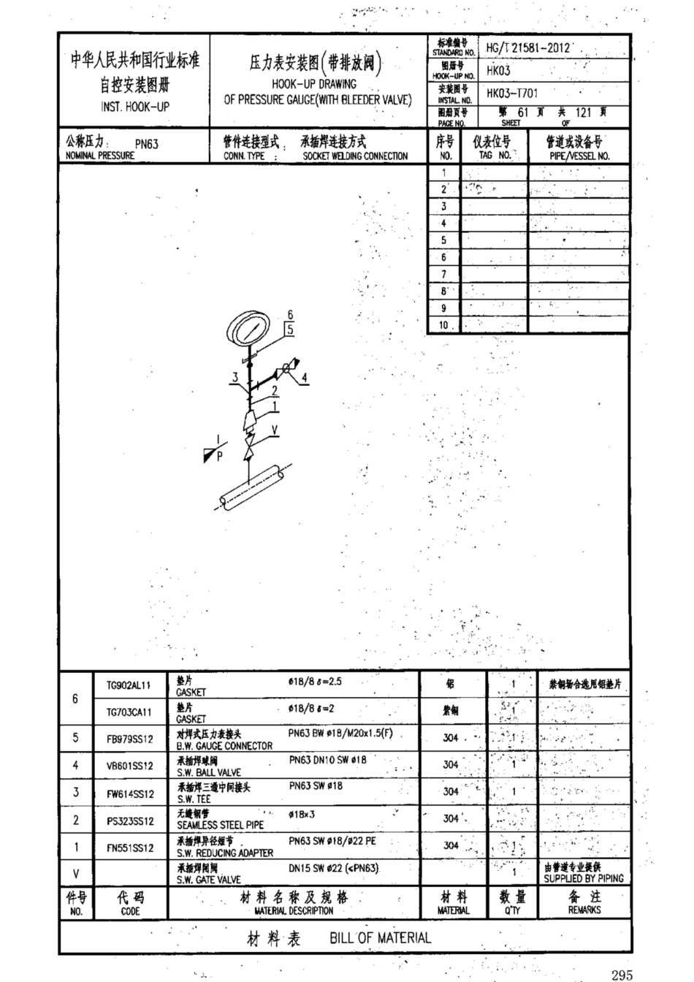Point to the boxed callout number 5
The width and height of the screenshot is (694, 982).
pyautogui.click(x=289, y=330)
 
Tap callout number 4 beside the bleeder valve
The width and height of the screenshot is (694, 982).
pyautogui.click(x=305, y=378)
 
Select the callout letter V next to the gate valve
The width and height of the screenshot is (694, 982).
pyautogui.click(x=274, y=430)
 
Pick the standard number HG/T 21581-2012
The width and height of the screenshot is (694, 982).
pyautogui.click(x=527, y=48)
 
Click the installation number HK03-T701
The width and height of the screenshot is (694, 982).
pyautogui.click(x=513, y=94)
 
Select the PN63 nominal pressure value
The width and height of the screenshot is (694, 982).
pyautogui.click(x=147, y=144)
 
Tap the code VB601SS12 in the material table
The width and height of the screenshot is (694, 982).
pyautogui.click(x=130, y=766)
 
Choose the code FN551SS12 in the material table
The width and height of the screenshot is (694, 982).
pyautogui.click(x=130, y=848)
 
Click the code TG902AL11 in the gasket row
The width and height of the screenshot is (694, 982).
pyautogui.click(x=129, y=685)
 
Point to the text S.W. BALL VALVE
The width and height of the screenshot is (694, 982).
pyautogui.click(x=209, y=772)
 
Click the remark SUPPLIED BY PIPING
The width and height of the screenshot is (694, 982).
pyautogui.click(x=584, y=878)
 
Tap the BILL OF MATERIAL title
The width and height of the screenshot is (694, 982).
pyautogui.click(x=380, y=938)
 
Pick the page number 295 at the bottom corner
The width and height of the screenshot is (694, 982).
pyautogui.click(x=623, y=974)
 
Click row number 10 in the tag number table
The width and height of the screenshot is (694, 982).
pyautogui.click(x=444, y=326)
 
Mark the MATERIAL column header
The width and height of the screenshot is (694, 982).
pyautogui.click(x=453, y=910)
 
